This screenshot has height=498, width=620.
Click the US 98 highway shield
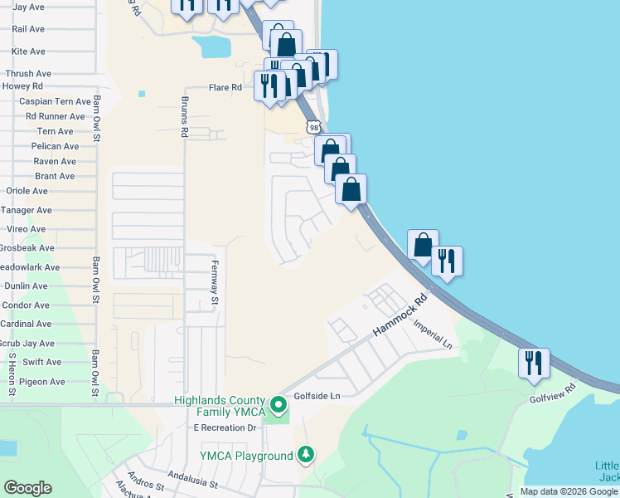(312, 126)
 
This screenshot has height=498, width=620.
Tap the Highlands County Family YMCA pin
(279, 406)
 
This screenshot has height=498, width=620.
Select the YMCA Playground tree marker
(307, 455)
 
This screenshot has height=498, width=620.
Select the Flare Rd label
(225, 87)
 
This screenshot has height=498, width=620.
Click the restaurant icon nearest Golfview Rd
(534, 362)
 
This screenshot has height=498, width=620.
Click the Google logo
(27, 488)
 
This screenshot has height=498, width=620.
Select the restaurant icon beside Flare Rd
(269, 85)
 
